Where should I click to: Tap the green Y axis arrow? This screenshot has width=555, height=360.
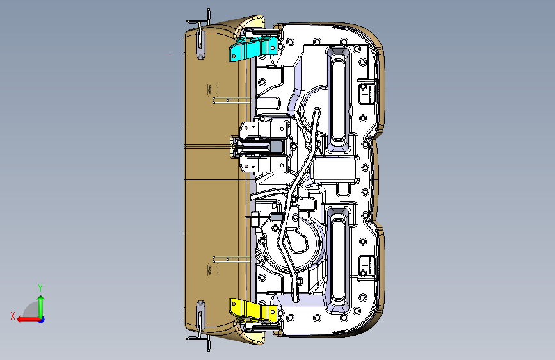[40, 304]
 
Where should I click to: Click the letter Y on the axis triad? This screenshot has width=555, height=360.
[40, 288]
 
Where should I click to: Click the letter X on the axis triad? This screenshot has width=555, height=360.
[13, 315]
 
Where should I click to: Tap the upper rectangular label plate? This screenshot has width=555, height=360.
[367, 92]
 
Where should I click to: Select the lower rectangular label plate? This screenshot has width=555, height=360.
[367, 266]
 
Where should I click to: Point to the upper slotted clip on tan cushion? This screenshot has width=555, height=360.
[200, 42]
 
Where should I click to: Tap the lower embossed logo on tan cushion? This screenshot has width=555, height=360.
[211, 272]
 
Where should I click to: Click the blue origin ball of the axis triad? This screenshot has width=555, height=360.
[40, 319]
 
